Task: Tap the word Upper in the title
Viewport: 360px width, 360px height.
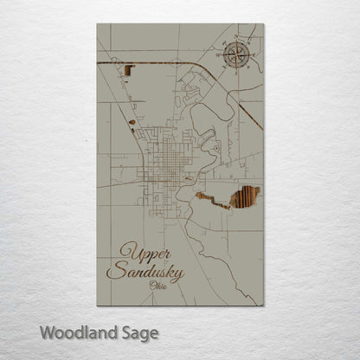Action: (x=138, y=251)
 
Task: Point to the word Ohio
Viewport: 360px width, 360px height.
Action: (x=159, y=286)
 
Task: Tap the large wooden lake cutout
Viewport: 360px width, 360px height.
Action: (x=243, y=197)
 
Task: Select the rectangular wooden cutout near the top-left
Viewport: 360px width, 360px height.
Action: (x=129, y=74)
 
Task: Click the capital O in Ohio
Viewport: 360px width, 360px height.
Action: (x=153, y=286)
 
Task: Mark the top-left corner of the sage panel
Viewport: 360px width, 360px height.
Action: (x=97, y=24)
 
